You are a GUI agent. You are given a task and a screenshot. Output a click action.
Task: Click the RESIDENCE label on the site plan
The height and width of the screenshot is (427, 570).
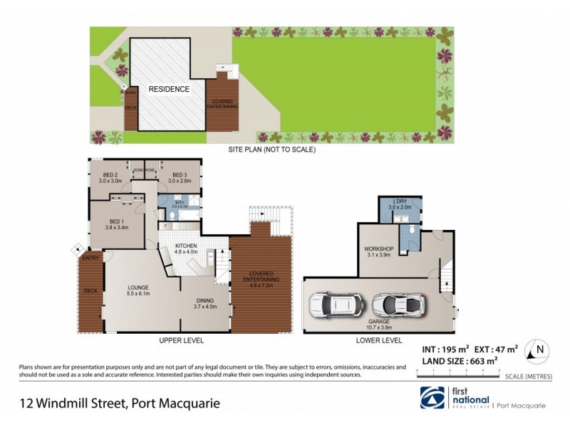coord(169,89)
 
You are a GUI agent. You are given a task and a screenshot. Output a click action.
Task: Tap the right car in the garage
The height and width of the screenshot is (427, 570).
coord(400,305)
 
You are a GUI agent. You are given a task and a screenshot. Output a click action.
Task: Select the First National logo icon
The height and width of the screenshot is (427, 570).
coord(432,399)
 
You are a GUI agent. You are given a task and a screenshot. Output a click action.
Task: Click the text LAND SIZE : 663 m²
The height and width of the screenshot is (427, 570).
coord(454,362)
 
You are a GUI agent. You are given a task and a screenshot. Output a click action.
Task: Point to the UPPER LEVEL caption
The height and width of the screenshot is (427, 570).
coord(181,341)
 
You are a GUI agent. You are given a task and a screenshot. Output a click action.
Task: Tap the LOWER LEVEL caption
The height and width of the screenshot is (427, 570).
coord(380,341)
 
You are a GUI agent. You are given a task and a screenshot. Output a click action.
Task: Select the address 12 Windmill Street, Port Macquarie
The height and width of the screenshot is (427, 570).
coord(120,403)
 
